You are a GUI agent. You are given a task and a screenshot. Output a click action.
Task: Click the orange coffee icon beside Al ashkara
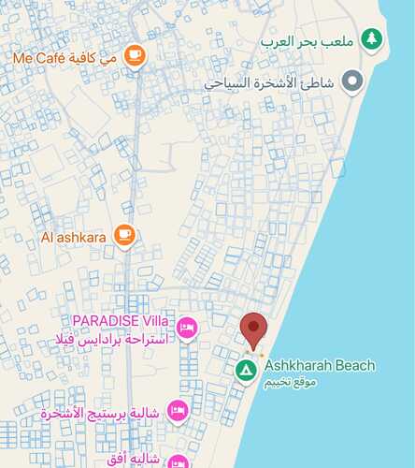coord(124,235)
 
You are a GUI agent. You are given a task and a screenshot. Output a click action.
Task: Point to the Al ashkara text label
coord(74,237)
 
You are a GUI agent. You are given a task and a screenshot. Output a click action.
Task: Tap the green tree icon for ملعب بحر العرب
coord(372,39)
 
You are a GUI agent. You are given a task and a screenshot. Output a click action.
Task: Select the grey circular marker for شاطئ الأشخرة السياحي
coord(352,82)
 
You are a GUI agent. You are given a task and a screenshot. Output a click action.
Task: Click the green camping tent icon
coord(246,370)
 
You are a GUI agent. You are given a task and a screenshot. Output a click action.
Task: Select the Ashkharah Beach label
coord(319,365)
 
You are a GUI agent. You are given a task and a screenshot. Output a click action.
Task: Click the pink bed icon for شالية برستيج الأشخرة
coord(177,410)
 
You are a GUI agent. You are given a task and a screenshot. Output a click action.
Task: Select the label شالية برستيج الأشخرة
coord(102,413)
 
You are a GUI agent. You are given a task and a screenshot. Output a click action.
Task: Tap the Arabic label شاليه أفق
coord(135,460)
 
